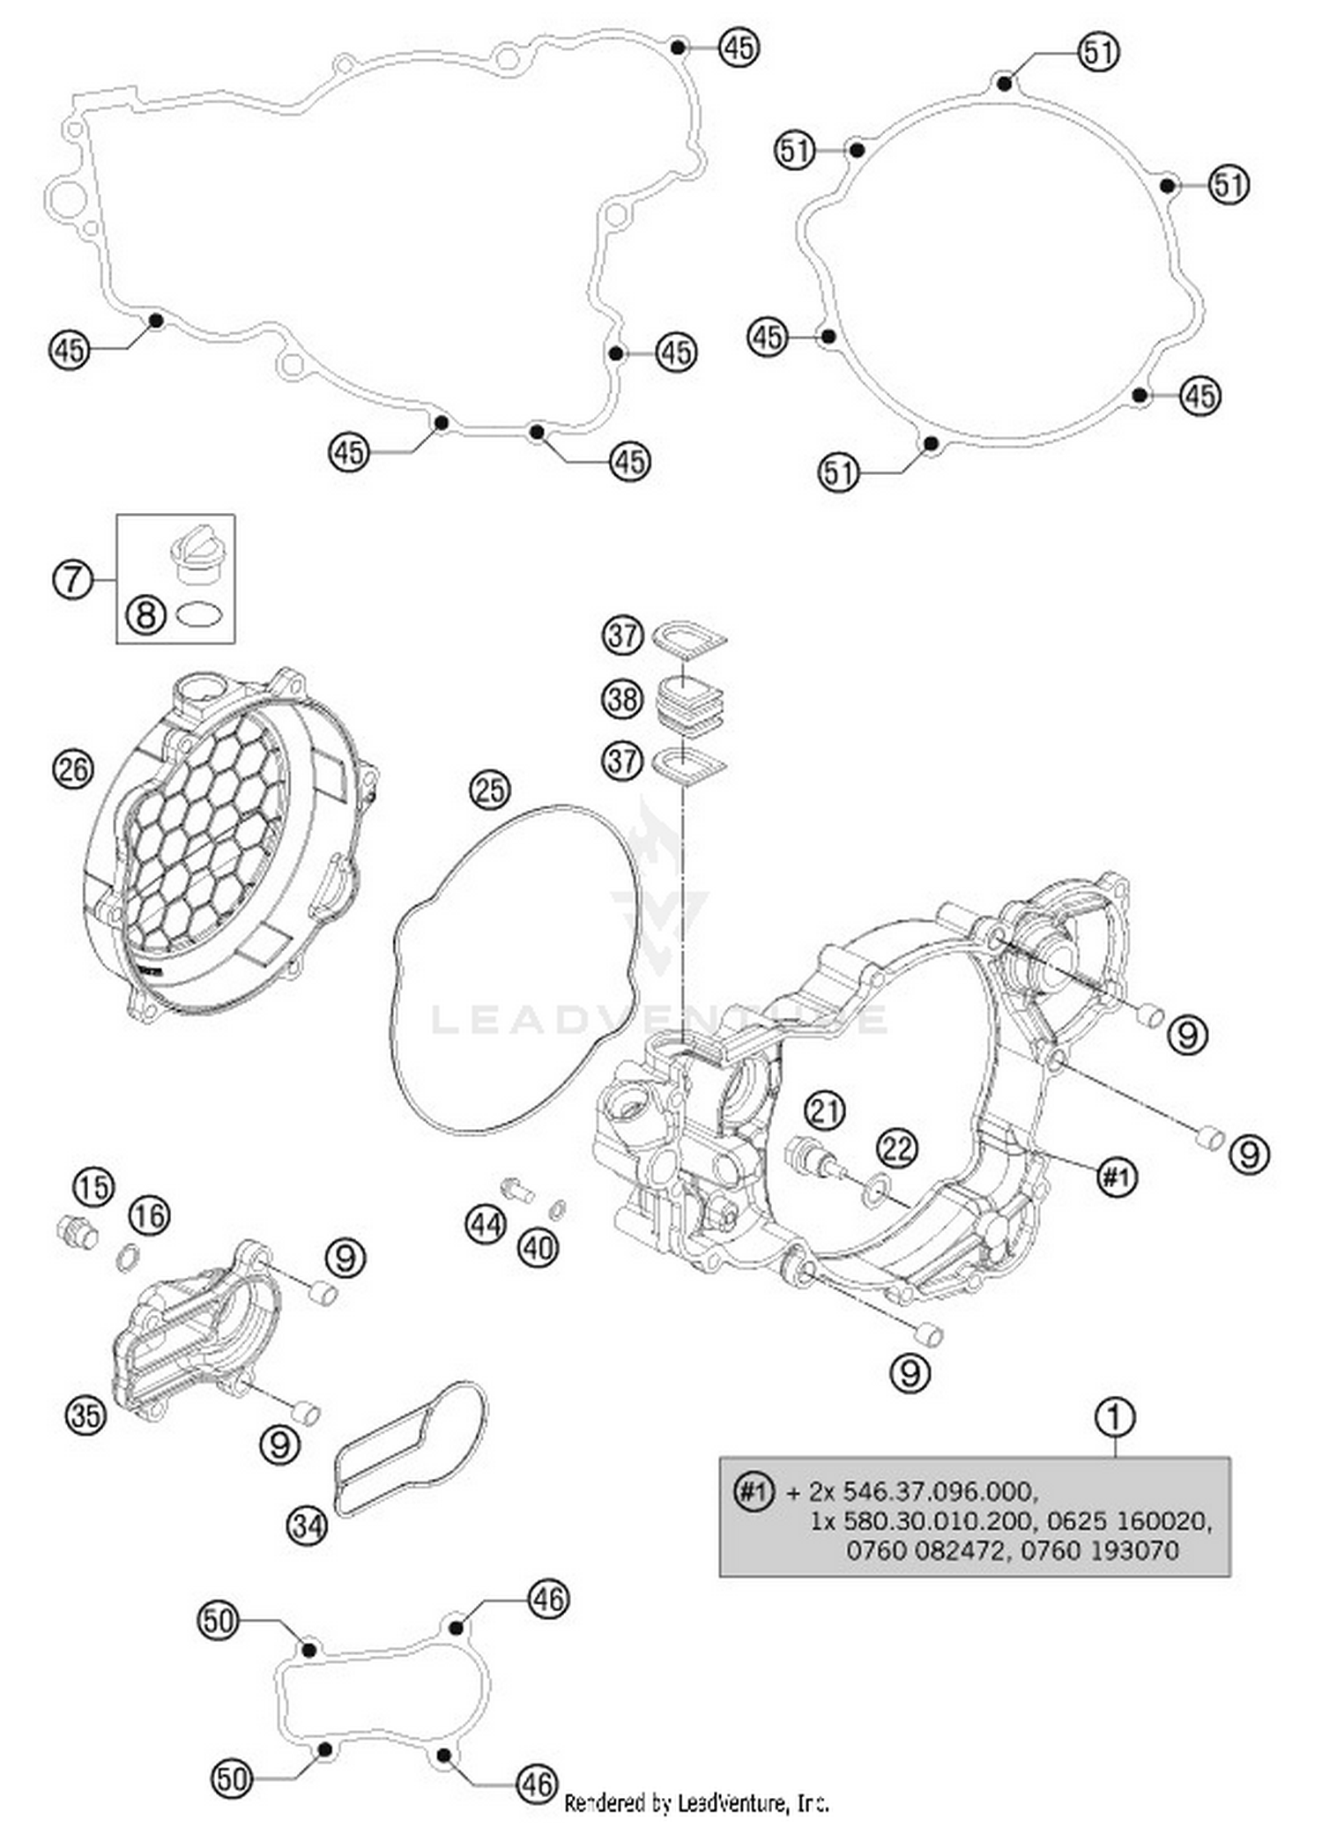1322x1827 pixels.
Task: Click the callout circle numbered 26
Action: point(73,769)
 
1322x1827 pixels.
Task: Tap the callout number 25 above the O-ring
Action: point(490,789)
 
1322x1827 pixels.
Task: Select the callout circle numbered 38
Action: point(622,699)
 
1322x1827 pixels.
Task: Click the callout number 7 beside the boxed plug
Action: point(73,579)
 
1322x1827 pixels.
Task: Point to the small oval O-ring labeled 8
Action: point(198,613)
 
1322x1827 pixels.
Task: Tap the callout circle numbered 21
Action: point(825,1110)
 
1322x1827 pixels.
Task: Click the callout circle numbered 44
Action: point(486,1224)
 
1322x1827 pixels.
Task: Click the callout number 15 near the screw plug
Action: point(93,1186)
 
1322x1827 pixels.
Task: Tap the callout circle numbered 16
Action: point(149,1215)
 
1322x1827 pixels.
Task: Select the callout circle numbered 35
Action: point(86,1415)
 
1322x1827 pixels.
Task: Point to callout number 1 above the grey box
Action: point(1114,1417)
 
